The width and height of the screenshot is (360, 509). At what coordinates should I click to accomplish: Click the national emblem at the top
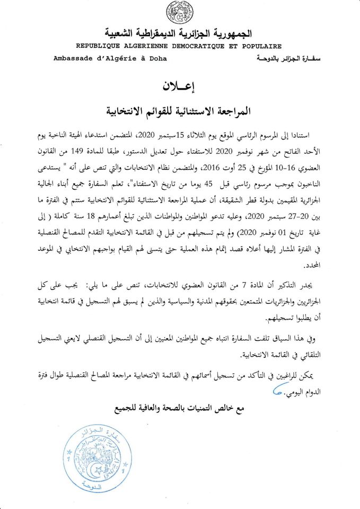(x=180, y=12)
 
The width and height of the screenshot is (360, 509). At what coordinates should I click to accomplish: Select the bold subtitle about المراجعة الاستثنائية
(x=180, y=110)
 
